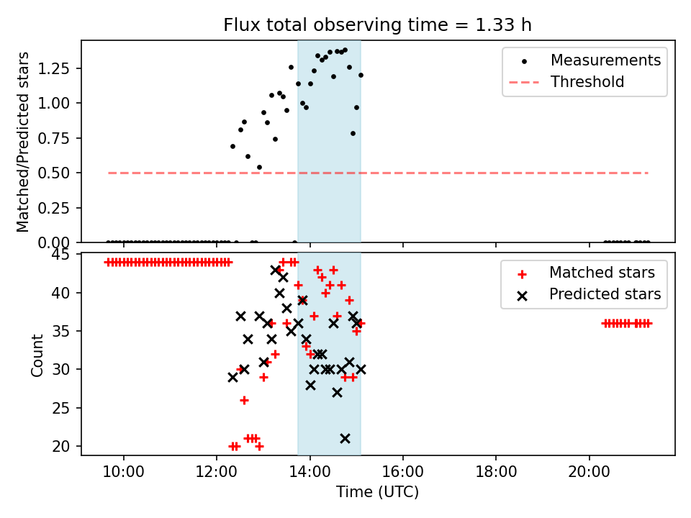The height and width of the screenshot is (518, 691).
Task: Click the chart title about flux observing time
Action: coord(377,24)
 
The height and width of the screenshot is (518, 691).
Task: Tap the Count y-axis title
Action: coord(37,355)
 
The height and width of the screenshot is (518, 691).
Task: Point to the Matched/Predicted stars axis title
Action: coord(23,142)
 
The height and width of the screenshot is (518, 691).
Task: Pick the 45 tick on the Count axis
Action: coord(66,255)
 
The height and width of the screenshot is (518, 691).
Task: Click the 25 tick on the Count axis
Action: coord(66,409)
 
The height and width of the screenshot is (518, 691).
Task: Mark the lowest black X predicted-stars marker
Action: coord(345,438)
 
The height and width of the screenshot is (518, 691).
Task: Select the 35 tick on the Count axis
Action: coord(66,332)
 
